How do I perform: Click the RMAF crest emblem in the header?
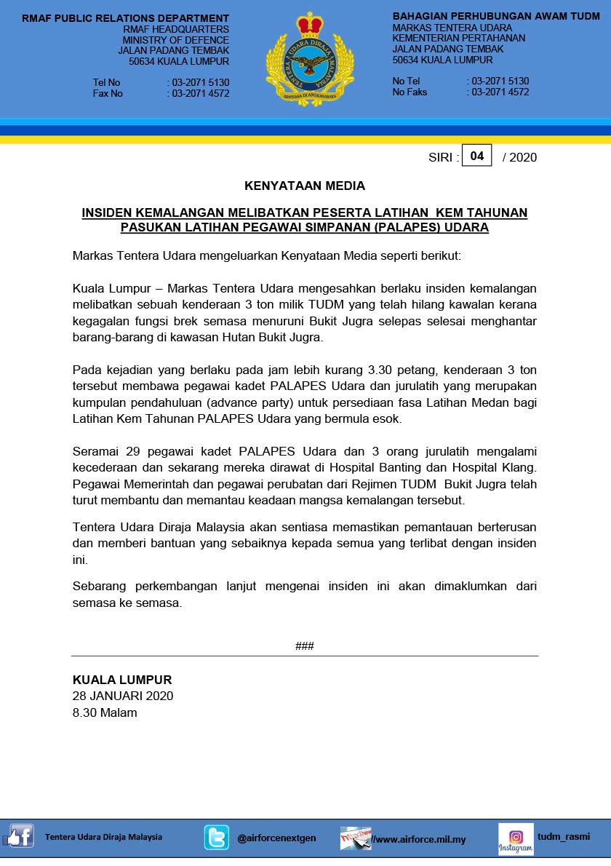pos(310,60)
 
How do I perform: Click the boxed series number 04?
pos(477,156)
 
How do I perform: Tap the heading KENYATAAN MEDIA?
pos(305,186)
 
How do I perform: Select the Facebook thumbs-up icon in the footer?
pos(20,837)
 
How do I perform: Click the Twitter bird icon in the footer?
pos(216,838)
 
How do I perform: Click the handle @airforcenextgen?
pos(276,838)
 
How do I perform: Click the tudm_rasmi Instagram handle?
pos(564,836)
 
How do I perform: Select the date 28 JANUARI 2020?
pos(123,696)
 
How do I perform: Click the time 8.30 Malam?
pos(105,712)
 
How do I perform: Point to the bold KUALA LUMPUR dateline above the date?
pos(122,680)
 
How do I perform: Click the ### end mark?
pos(305,646)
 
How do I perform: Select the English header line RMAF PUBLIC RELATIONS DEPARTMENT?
pos(125,18)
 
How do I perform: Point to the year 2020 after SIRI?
pos(524,157)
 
